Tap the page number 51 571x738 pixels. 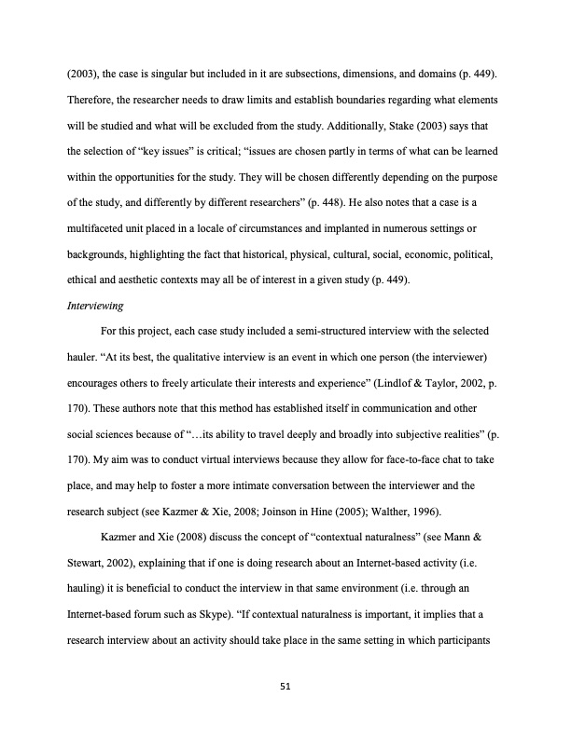[x=285, y=686]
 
